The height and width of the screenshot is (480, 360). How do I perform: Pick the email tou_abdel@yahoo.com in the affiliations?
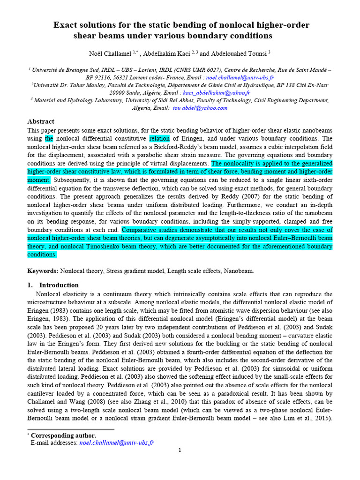pos(200,108)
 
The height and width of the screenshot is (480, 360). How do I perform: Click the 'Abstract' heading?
pos(41,121)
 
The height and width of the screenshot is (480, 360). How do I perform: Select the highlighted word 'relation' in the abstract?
pos(160,138)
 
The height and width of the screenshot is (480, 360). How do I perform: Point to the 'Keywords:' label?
pos(43,271)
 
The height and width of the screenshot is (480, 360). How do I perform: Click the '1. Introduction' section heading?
pos(53,285)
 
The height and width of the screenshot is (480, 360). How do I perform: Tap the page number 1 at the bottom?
pos(180,450)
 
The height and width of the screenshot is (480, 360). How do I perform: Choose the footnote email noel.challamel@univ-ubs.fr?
pos(117,442)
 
